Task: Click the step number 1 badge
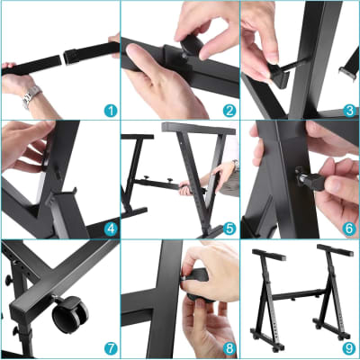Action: point(110,111)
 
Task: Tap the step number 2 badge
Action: point(229,111)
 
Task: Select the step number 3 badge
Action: point(349,111)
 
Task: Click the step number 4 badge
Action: point(110,229)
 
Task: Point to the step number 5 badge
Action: point(229,229)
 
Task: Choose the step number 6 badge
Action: point(349,229)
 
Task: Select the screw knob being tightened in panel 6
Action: point(316,170)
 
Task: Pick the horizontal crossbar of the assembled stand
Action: point(300,292)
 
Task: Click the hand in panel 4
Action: point(22,144)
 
